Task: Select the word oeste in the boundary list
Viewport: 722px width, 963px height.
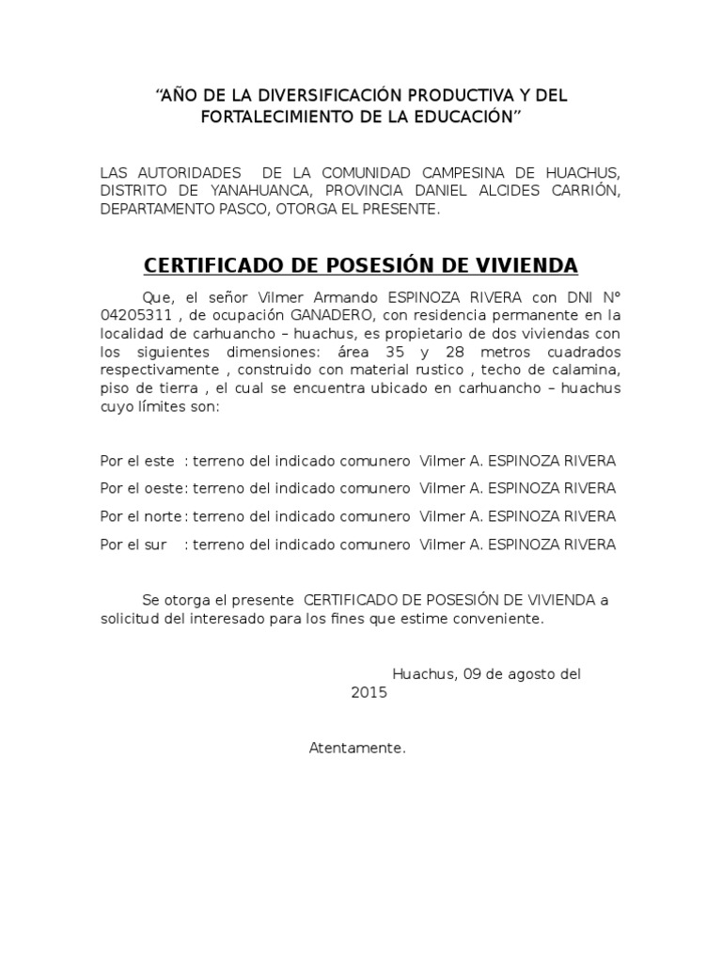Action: point(167,488)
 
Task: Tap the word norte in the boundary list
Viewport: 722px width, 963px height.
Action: point(167,516)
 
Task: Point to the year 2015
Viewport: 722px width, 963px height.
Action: point(369,692)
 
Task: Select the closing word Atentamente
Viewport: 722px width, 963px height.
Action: point(357,749)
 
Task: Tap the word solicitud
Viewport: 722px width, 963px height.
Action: point(130,620)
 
